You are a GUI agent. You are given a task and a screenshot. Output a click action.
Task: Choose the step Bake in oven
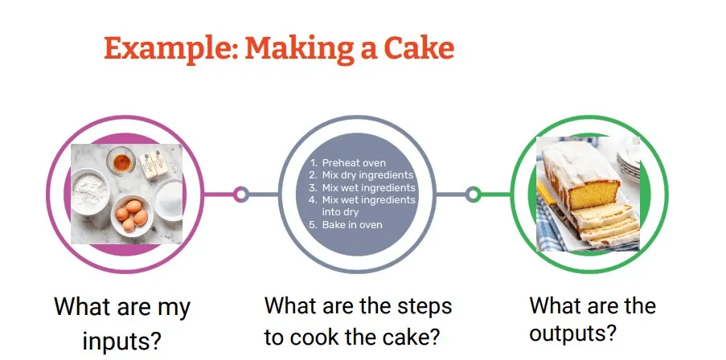click(352, 225)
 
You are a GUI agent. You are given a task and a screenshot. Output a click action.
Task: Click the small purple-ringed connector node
click(240, 194)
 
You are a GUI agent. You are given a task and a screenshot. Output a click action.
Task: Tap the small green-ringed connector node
click(473, 194)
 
